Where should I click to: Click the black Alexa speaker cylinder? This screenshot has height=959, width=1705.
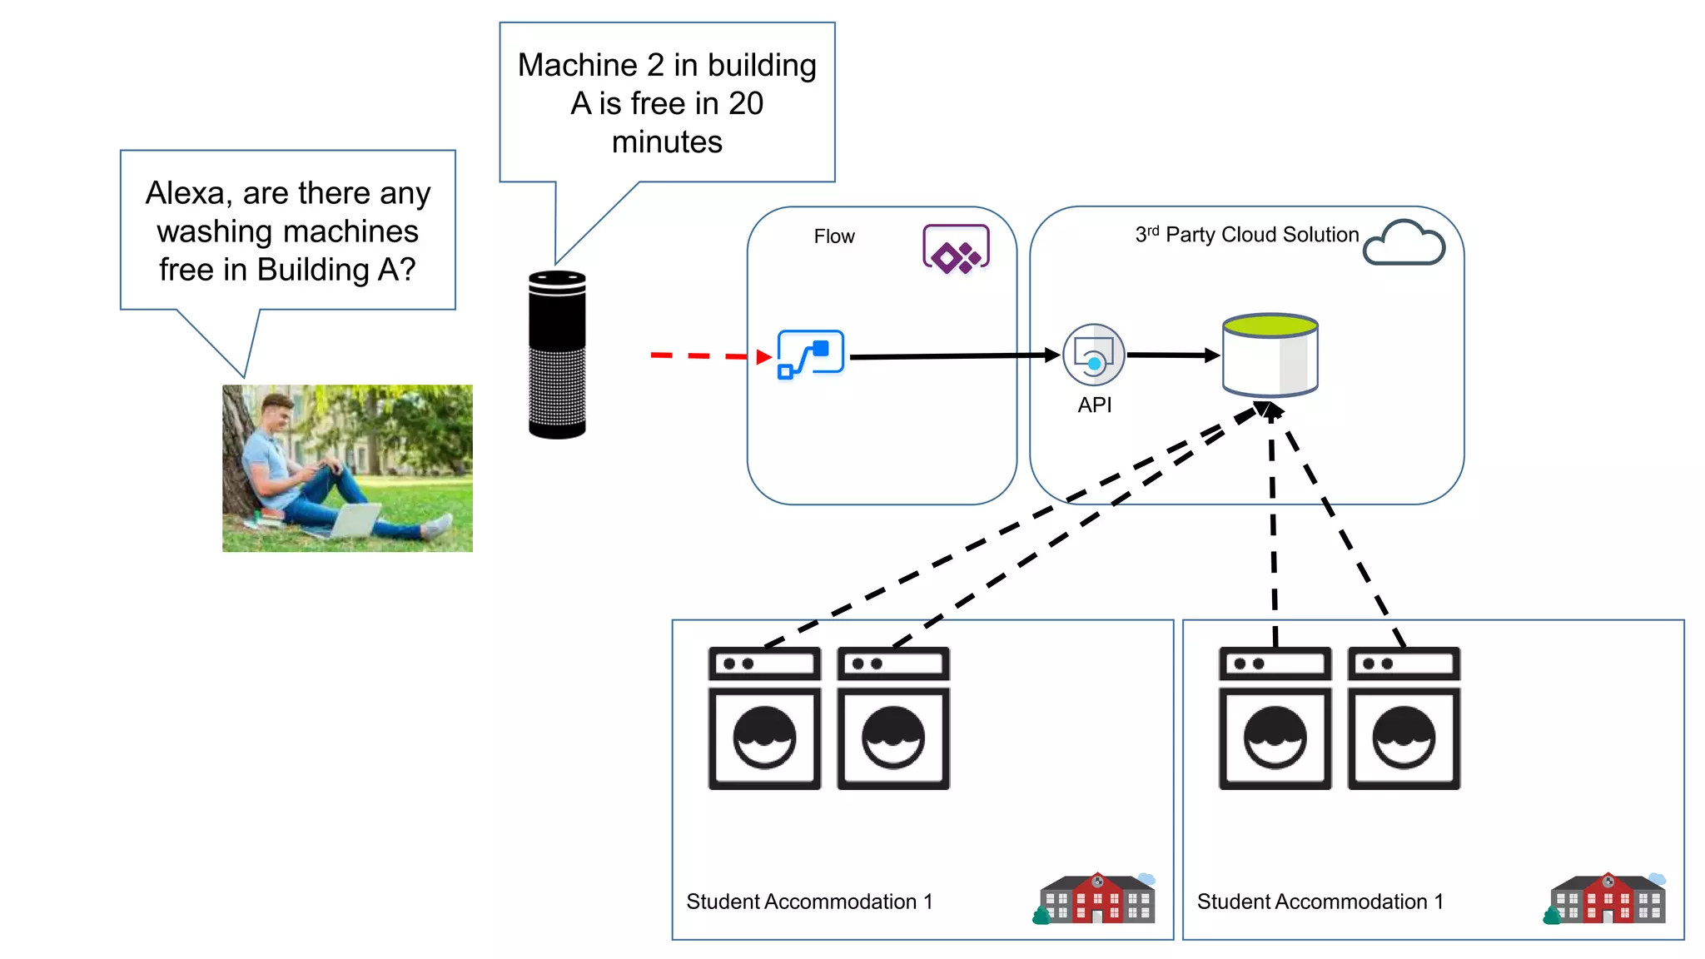click(557, 354)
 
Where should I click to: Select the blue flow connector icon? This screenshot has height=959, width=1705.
click(810, 354)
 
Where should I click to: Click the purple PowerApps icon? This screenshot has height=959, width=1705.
click(956, 248)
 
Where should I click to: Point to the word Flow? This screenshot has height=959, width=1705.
click(833, 236)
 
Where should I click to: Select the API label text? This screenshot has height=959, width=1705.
click(1094, 405)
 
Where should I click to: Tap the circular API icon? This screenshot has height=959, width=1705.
click(1093, 355)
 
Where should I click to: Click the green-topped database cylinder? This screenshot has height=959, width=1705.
click(1270, 355)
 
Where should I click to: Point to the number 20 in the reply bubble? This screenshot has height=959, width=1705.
click(746, 104)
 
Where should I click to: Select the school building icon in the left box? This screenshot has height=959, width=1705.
click(1096, 899)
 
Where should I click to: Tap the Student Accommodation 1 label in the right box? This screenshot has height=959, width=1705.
click(1320, 902)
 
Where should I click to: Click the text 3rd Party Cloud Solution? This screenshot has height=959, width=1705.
click(1246, 236)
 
